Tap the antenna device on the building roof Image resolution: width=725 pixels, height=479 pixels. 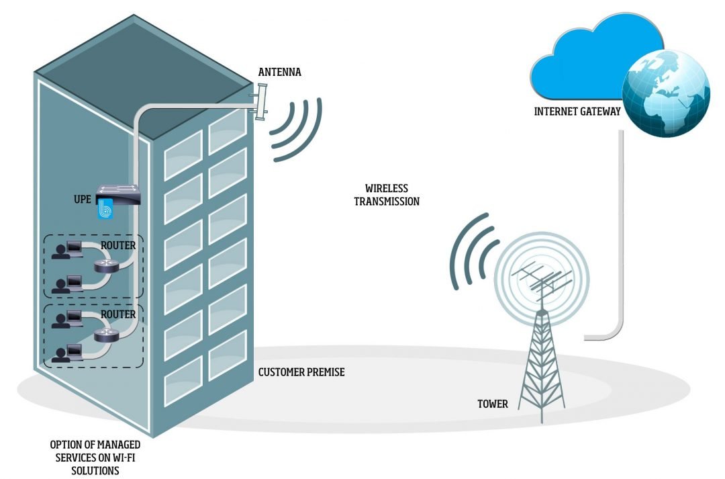point(260,101)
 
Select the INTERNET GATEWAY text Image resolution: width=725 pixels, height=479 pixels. point(577,112)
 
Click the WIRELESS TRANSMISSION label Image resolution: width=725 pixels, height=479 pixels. point(387,195)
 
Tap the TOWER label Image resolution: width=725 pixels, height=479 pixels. point(493,404)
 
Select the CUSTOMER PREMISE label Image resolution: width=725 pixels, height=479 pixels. point(301,372)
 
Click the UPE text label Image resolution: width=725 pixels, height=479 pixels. point(83,200)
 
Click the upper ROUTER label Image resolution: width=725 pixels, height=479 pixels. point(118,246)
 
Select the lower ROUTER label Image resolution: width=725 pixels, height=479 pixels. point(118,314)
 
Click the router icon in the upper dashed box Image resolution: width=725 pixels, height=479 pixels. point(106,266)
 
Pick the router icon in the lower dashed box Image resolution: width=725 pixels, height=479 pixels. point(106,335)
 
